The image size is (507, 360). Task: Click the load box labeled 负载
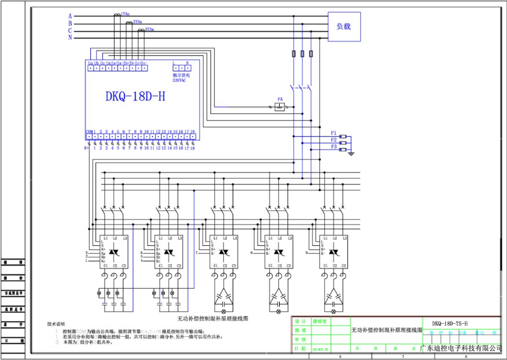[344, 27]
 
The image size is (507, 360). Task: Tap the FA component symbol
[280, 108]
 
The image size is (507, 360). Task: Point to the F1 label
[334, 132]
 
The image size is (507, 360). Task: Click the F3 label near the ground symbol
[334, 147]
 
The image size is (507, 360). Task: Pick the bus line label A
[70, 16]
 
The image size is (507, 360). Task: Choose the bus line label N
[70, 37]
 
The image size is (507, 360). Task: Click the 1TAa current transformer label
[125, 13]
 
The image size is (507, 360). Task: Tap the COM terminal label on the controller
[89, 131]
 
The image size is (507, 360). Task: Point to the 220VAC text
[180, 80]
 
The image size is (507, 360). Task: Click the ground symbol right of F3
[351, 154]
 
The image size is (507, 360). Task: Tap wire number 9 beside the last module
[308, 252]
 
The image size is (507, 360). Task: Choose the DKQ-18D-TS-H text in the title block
[449, 323]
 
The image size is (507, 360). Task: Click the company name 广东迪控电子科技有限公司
[461, 347]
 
